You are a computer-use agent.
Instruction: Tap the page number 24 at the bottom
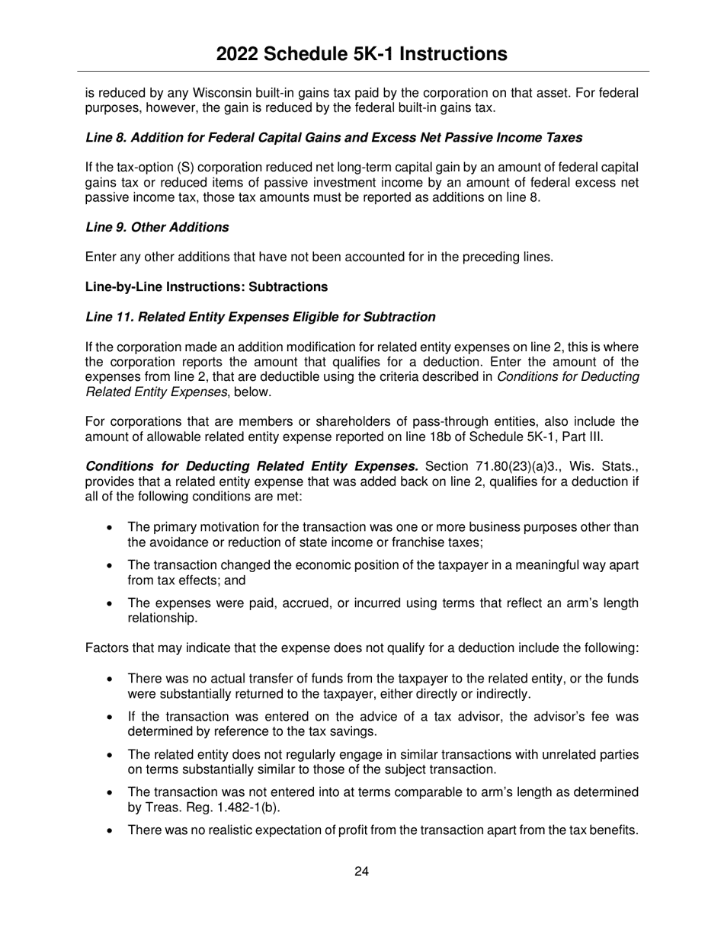361,872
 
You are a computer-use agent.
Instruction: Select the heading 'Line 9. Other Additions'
157,227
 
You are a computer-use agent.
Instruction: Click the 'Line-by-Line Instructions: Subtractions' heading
207,286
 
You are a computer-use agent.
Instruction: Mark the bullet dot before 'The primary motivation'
111,528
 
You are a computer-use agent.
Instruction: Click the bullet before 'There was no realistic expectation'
111,830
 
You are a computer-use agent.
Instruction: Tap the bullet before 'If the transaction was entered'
111,717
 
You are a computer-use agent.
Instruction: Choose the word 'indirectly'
499,693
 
